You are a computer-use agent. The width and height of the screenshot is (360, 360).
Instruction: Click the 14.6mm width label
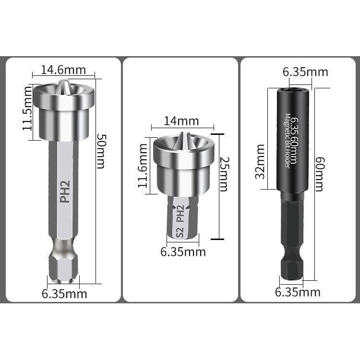[x=63, y=70]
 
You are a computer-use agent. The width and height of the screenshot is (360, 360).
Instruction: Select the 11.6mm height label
[x=144, y=168]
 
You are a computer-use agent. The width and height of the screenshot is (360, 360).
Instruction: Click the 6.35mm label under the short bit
[x=182, y=252]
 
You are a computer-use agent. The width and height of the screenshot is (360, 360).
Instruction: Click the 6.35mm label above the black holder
[x=305, y=72]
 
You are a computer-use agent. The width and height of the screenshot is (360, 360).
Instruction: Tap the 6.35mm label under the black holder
[x=298, y=292]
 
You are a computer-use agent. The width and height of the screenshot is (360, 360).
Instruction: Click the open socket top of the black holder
[x=292, y=90]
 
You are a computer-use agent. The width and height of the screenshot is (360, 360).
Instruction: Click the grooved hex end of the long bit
[x=64, y=269]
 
